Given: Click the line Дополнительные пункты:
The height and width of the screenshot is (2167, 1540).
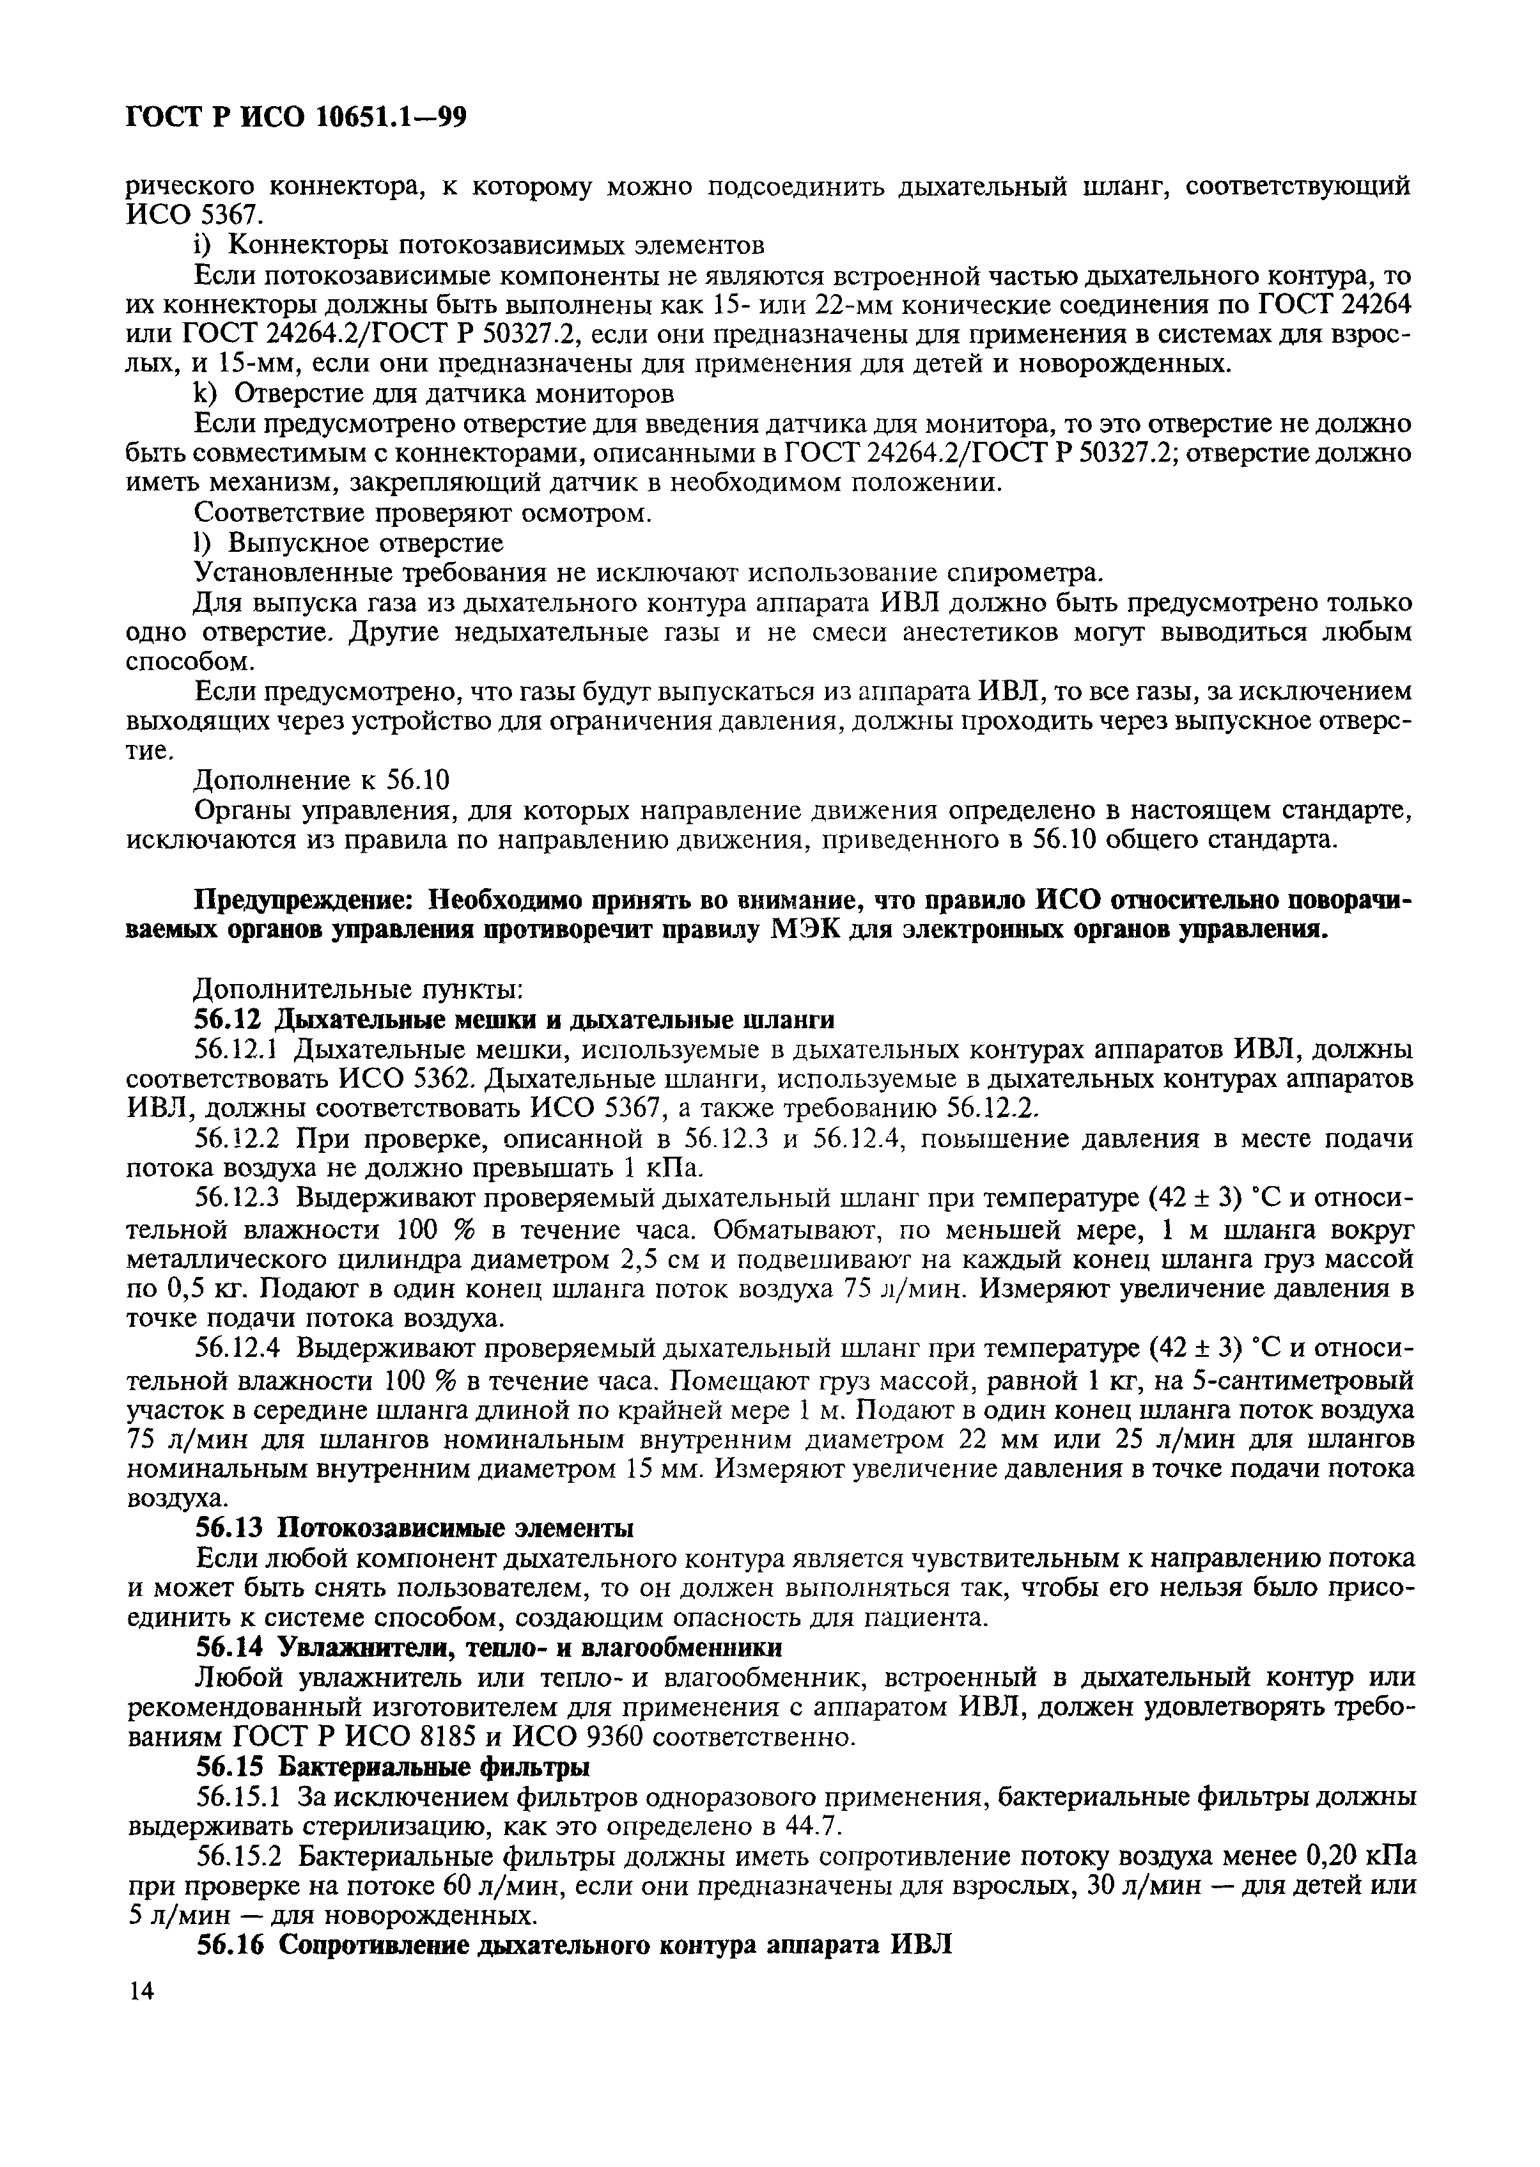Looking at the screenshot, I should click(x=357, y=989).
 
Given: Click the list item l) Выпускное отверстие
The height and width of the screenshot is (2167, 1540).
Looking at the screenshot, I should click(x=348, y=542).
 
